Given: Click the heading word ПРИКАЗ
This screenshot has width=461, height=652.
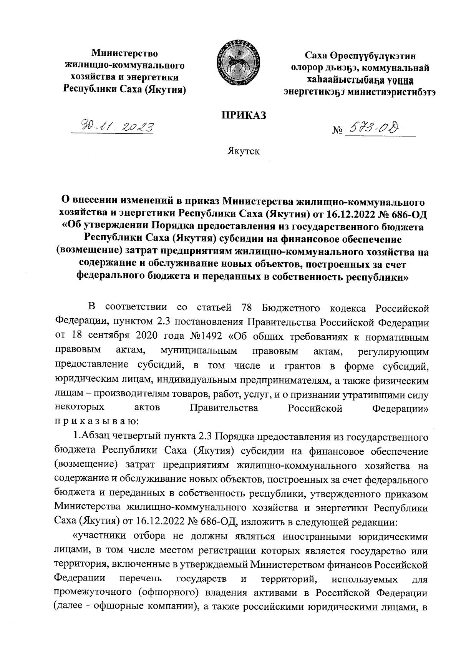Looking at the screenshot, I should point(242,115).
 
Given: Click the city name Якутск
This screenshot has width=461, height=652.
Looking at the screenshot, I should point(242,151).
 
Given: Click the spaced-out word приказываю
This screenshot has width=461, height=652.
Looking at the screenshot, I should point(95,422).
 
